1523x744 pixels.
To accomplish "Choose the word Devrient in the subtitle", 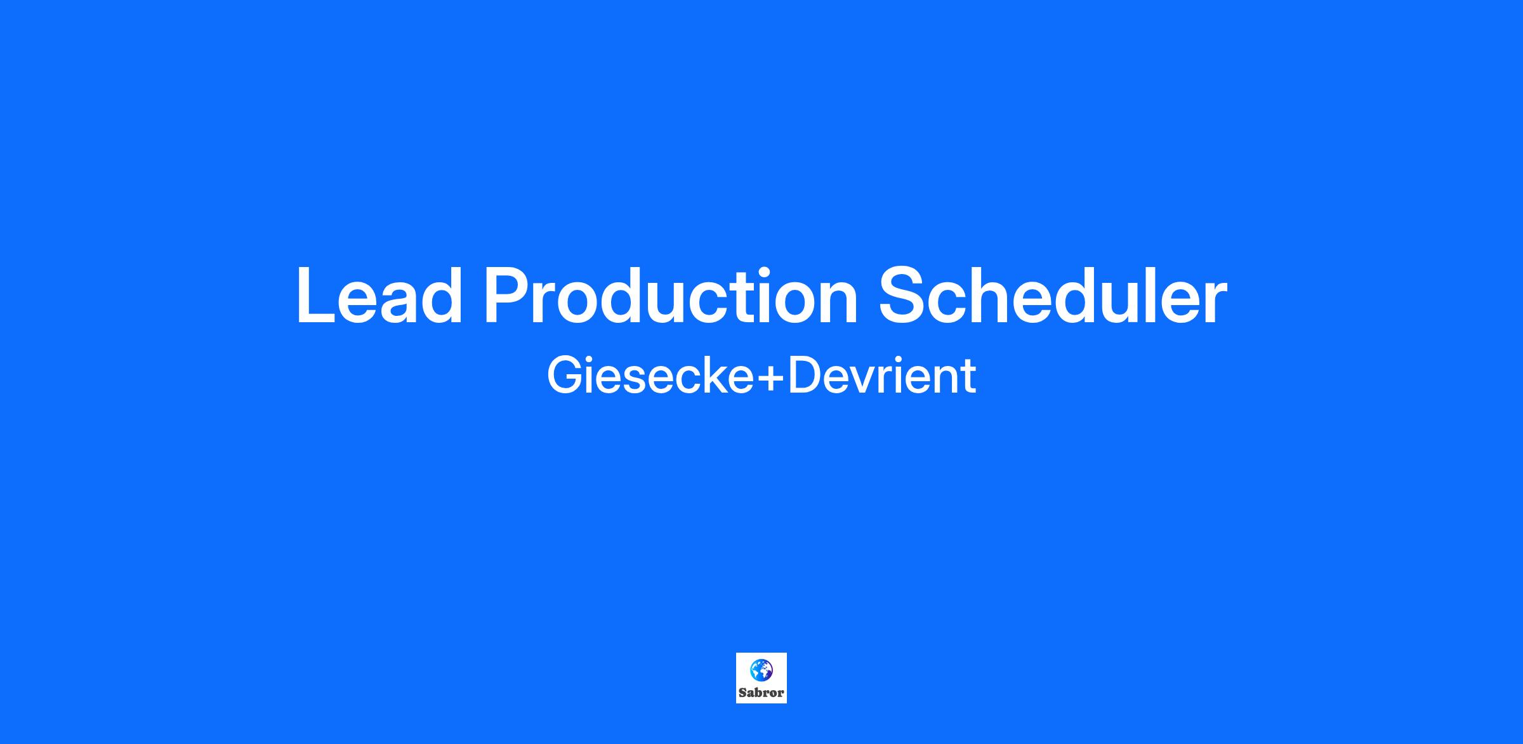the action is click(x=881, y=376).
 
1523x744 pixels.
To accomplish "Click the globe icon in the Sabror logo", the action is click(x=761, y=670).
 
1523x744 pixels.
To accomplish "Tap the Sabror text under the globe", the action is click(x=762, y=693).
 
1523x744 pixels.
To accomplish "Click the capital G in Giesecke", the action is click(x=565, y=376).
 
